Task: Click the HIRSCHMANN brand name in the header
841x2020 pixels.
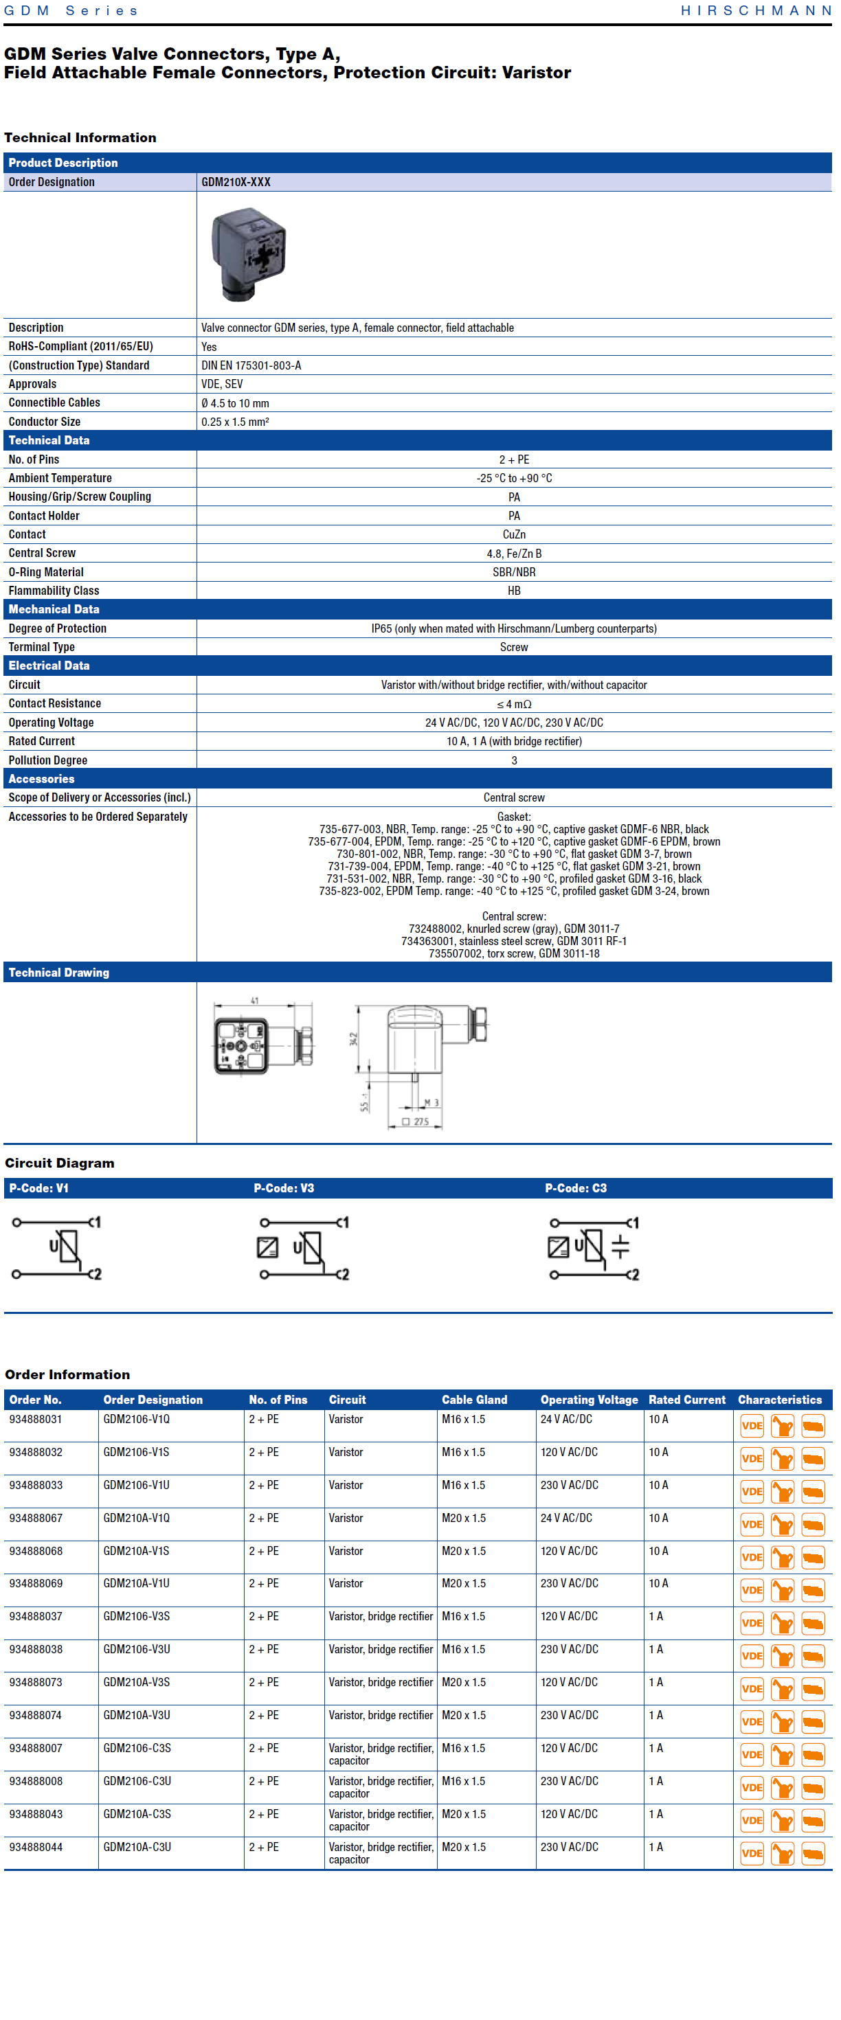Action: pyautogui.click(x=756, y=10)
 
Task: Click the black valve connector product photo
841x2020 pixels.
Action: pyautogui.click(x=249, y=253)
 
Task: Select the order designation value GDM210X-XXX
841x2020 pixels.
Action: pyautogui.click(x=236, y=182)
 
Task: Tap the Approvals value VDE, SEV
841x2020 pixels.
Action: pyautogui.click(x=222, y=384)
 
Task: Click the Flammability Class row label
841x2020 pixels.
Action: pyautogui.click(x=54, y=591)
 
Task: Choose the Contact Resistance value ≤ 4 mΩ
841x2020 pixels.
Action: pyautogui.click(x=514, y=704)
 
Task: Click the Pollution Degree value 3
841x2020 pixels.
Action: pyautogui.click(x=514, y=760)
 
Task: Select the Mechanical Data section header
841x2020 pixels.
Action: pyautogui.click(x=54, y=609)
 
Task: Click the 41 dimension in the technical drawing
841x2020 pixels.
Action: pyautogui.click(x=254, y=1001)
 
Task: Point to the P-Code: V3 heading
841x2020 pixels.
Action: pyautogui.click(x=284, y=1188)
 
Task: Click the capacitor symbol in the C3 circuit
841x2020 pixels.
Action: pyautogui.click(x=620, y=1247)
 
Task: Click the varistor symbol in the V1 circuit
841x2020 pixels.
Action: pyautogui.click(x=67, y=1246)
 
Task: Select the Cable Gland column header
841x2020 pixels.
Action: pyautogui.click(x=474, y=1400)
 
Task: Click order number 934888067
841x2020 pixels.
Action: pyautogui.click(x=36, y=1518)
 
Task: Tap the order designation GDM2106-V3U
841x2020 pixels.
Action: pyautogui.click(x=137, y=1650)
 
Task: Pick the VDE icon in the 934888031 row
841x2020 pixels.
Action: pyautogui.click(x=752, y=1426)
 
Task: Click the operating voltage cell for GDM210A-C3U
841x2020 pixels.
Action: pyautogui.click(x=569, y=1848)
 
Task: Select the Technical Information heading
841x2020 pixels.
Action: pyautogui.click(x=80, y=137)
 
